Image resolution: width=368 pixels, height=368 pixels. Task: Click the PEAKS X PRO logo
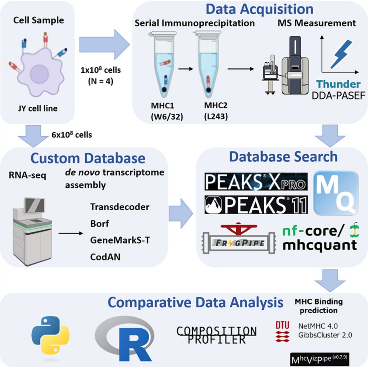point(256,181)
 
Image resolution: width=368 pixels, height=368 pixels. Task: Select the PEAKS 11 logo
point(256,205)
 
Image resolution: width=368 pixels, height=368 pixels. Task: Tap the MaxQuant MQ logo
point(336,193)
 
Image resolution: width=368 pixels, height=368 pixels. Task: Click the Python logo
point(50,335)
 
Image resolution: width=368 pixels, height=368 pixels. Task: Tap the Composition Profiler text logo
point(216,335)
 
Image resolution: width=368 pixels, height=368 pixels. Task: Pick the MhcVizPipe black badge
point(319,359)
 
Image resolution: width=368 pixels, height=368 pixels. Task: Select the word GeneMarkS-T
point(120,240)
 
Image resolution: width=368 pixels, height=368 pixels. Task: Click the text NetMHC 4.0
point(318,326)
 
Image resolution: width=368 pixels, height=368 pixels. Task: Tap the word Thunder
point(338,84)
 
